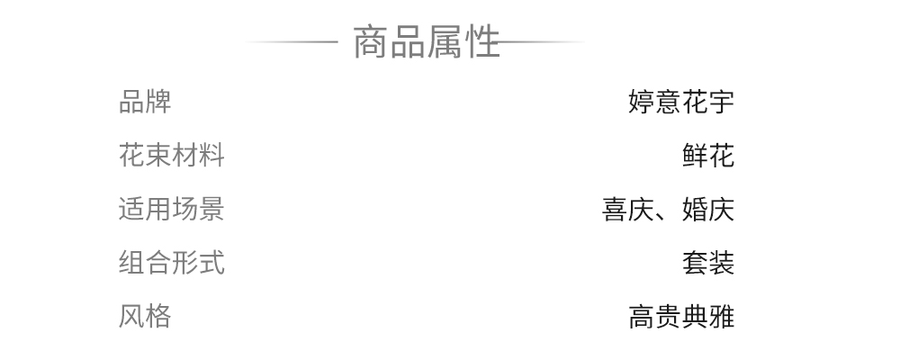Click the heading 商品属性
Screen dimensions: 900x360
[x=426, y=42]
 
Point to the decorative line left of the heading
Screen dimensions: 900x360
[x=292, y=41]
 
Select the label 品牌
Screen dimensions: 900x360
[x=145, y=102]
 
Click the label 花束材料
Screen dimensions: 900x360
[x=171, y=156]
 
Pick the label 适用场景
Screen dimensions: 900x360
[x=171, y=210]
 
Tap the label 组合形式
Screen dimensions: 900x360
[x=171, y=263]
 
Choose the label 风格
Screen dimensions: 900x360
[x=145, y=317]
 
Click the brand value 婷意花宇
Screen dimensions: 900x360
[x=681, y=102]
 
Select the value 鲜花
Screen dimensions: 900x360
[x=708, y=156]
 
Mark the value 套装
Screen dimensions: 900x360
[x=708, y=263]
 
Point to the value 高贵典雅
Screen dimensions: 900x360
[x=681, y=317]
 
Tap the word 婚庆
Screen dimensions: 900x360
[x=708, y=210]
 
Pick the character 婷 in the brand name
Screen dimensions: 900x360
[x=642, y=102]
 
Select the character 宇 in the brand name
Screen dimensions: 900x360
[x=722, y=102]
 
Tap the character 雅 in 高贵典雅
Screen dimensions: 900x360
[x=722, y=317]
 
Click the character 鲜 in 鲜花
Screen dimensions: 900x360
[x=695, y=156]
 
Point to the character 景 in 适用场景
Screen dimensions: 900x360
[x=211, y=210]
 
